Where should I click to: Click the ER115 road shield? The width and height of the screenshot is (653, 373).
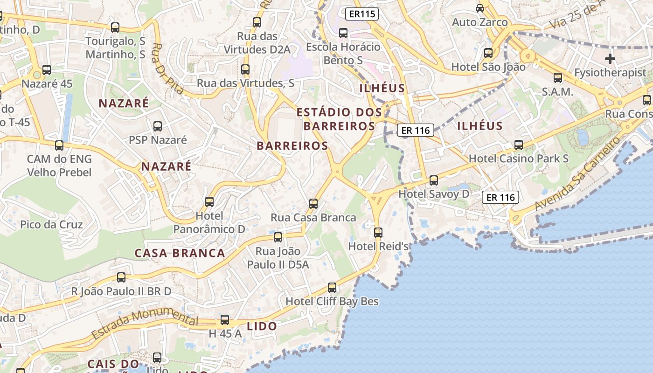pos(362,14)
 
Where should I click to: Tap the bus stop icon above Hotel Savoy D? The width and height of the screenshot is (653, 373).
pos(434,180)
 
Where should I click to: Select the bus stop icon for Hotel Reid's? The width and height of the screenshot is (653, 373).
pos(378,232)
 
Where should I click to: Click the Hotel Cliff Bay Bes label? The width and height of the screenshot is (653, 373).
pos(332,301)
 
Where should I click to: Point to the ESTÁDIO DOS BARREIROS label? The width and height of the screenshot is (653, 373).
pos(340,119)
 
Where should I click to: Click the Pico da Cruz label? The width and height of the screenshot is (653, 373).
pos(51,225)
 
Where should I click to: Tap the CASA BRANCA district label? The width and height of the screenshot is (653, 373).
pos(180,253)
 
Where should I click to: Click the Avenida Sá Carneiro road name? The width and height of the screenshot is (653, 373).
pos(578,173)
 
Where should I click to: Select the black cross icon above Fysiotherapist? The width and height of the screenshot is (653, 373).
pos(610,59)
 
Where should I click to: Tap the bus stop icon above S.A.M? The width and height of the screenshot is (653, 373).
pos(558,78)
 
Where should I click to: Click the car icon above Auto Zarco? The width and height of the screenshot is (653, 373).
pos(480,8)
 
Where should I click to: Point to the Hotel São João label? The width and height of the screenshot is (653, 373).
pos(488,67)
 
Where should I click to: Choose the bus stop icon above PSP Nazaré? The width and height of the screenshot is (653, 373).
pos(158,126)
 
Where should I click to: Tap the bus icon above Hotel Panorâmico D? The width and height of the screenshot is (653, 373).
pos(209,202)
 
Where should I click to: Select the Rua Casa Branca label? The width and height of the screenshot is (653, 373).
pos(313,218)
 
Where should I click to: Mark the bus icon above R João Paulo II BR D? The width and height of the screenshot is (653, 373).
pos(121,277)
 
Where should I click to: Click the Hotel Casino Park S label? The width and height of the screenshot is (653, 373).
pos(519,159)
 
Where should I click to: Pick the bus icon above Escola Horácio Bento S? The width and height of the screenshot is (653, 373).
pos(343,33)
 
